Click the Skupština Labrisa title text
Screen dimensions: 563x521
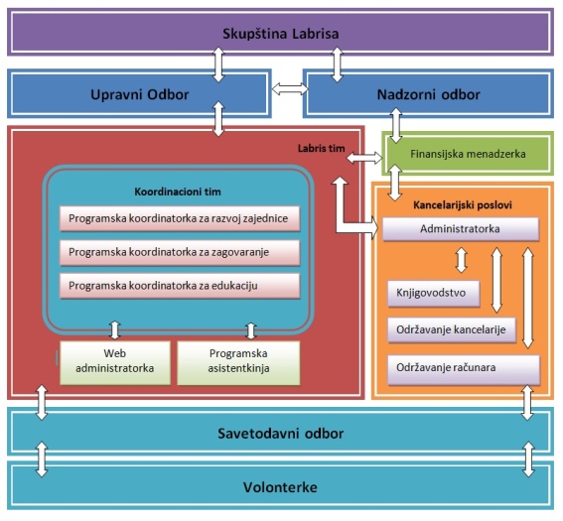tap(280, 34)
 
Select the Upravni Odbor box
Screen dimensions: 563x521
tap(139, 94)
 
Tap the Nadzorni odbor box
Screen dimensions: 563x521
tap(428, 94)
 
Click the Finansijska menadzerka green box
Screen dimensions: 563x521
tap(468, 154)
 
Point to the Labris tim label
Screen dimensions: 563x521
tap(321, 148)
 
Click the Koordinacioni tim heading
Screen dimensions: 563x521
tap(178, 192)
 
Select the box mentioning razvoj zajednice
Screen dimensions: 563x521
tap(180, 218)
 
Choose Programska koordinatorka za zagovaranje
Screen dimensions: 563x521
tap(180, 252)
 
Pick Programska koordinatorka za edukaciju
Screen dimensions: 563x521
tap(180, 286)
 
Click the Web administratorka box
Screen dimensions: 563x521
tap(115, 362)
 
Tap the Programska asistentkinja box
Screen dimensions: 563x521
tap(238, 362)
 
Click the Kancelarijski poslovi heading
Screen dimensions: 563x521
tap(463, 205)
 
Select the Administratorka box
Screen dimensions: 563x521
tap(461, 229)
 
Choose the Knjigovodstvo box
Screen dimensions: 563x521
tap(434, 293)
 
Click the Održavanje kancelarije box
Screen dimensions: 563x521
tap(452, 329)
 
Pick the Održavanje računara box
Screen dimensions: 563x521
tap(464, 369)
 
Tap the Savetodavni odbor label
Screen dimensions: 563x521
tap(280, 434)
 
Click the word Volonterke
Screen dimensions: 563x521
tap(280, 487)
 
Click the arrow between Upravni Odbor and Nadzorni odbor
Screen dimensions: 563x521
tap(290, 89)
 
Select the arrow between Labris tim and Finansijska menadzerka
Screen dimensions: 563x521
tap(364, 158)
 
